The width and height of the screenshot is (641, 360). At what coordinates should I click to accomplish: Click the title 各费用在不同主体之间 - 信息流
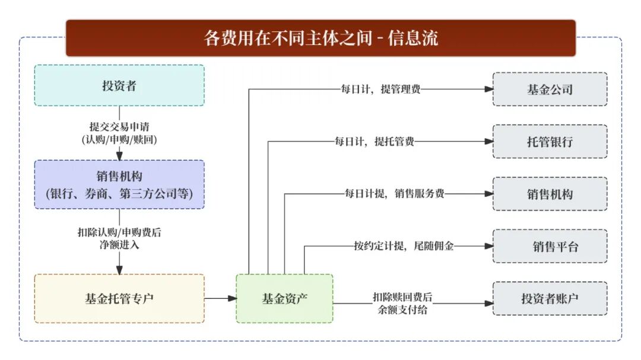click(x=320, y=38)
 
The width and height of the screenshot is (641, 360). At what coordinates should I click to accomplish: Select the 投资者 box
click(x=119, y=85)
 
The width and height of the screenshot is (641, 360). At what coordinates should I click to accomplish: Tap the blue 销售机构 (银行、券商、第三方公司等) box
click(x=119, y=184)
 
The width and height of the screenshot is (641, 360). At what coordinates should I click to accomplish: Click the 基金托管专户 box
click(x=119, y=298)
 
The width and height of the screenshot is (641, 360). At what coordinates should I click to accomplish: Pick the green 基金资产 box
click(x=284, y=298)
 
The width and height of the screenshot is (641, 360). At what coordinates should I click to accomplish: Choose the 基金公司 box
click(x=550, y=90)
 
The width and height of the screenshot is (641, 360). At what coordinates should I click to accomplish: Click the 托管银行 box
click(x=550, y=142)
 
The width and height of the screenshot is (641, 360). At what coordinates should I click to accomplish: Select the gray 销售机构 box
click(x=550, y=194)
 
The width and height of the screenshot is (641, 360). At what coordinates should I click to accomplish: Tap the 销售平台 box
click(x=550, y=246)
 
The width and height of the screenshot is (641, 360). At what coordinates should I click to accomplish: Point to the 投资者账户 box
click(x=550, y=298)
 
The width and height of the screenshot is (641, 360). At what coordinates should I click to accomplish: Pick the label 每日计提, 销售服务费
click(x=395, y=194)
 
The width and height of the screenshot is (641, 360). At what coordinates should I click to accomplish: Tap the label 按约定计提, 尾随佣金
click(x=404, y=246)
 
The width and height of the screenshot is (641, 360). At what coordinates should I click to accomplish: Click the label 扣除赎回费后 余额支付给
click(x=402, y=303)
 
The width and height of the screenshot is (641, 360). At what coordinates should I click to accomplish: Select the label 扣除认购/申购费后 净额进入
click(x=119, y=238)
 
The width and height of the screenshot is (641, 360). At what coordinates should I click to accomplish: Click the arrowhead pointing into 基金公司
click(x=489, y=90)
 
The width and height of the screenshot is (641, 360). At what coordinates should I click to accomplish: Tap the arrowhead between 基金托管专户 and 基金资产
click(x=232, y=298)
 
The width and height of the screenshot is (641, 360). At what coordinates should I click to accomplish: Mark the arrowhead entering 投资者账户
click(x=489, y=303)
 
